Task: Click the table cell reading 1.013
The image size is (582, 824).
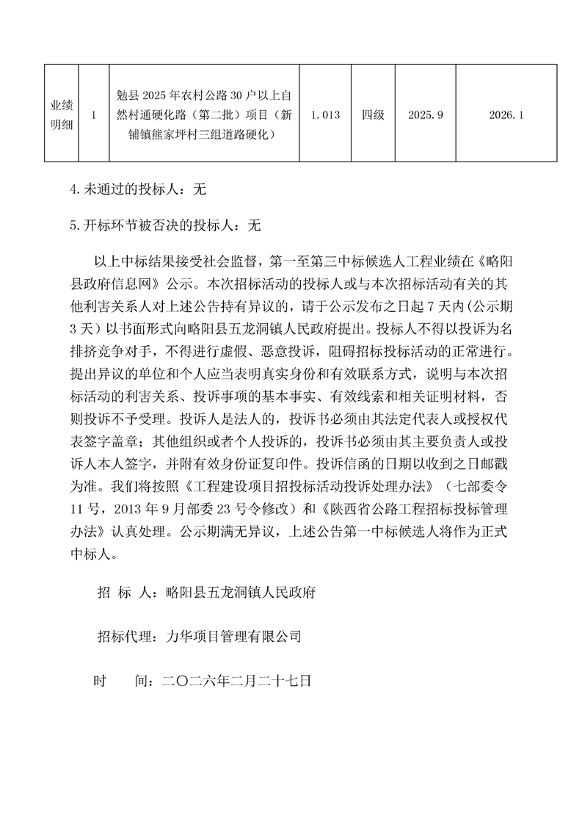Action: click(325, 115)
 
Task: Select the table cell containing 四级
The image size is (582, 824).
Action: click(373, 115)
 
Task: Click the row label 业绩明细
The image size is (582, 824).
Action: click(61, 115)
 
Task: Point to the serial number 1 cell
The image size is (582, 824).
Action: click(94, 115)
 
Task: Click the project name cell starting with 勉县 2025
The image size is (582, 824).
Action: click(204, 115)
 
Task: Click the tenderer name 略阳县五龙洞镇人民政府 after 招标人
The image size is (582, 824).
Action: click(241, 592)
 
